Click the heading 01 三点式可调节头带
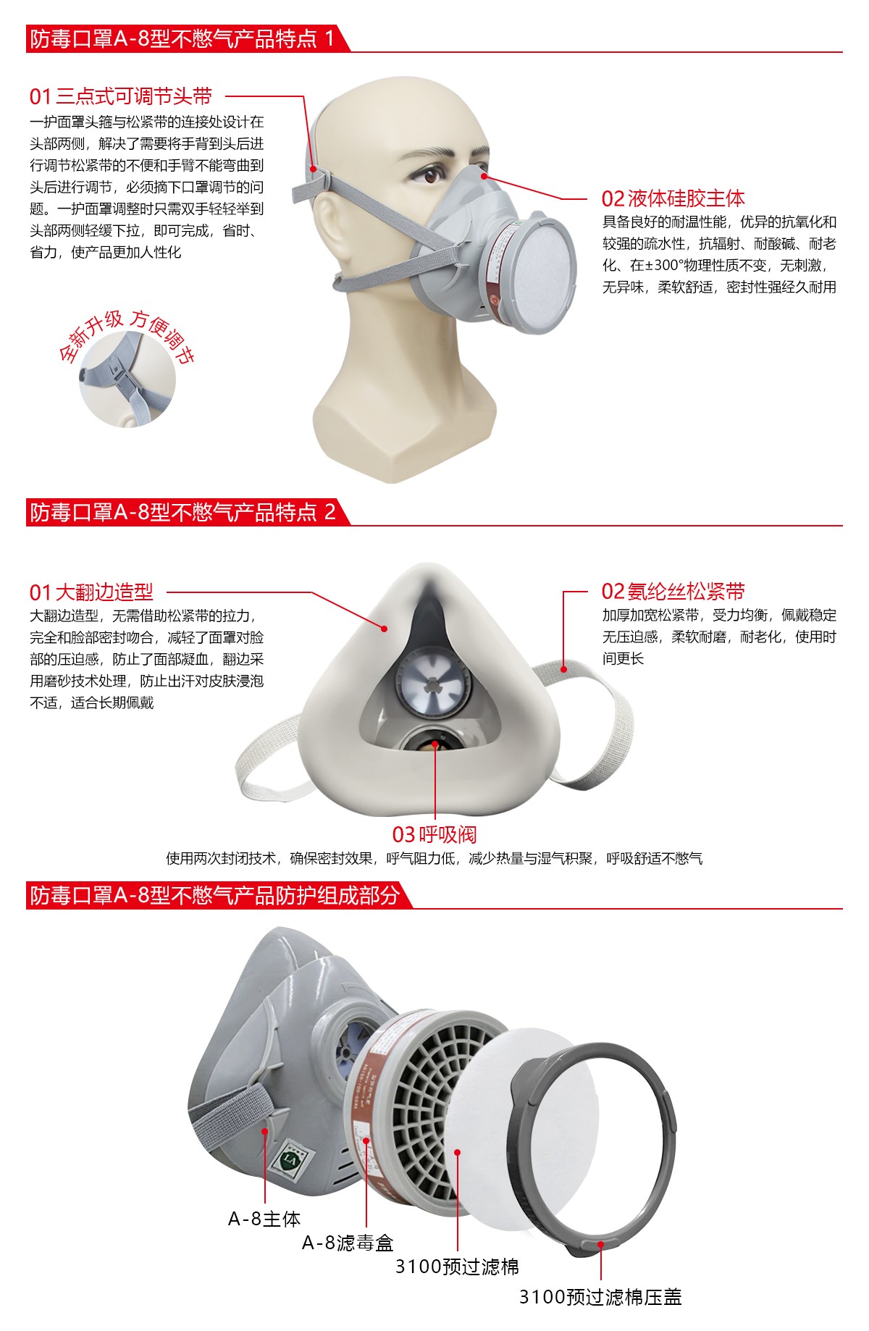tap(120, 96)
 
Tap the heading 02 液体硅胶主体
tap(672, 198)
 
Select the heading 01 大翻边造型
tap(91, 592)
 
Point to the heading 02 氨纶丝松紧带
tap(672, 592)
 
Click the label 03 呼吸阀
tap(434, 834)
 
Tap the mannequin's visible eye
tap(433, 173)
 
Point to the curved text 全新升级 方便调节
tap(127, 335)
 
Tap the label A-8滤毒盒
tap(347, 1243)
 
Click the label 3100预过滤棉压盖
tap(600, 1296)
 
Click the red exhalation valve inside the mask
tap(435, 744)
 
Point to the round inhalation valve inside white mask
tap(433, 685)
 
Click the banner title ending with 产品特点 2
tap(182, 513)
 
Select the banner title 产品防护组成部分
tap(214, 896)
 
